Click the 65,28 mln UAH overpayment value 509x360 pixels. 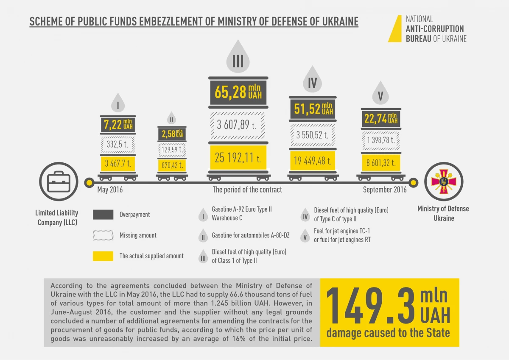click(x=238, y=92)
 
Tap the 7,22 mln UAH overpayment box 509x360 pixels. click(x=118, y=124)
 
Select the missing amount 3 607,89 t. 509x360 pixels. click(x=238, y=126)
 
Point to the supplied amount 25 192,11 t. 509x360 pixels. click(x=238, y=158)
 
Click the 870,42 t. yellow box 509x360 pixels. click(x=172, y=165)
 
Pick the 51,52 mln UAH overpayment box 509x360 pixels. click(x=313, y=109)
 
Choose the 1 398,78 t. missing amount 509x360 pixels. click(x=380, y=140)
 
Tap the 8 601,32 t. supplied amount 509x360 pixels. click(x=380, y=162)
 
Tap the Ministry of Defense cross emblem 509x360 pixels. click(x=444, y=182)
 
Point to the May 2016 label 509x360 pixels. click(x=110, y=190)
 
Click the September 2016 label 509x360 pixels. click(x=384, y=190)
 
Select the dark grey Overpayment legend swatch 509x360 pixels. click(x=103, y=215)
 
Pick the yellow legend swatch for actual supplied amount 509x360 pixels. click(x=103, y=256)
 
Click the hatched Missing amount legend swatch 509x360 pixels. click(x=103, y=235)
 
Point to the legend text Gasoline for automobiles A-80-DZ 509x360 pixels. click(x=250, y=235)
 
